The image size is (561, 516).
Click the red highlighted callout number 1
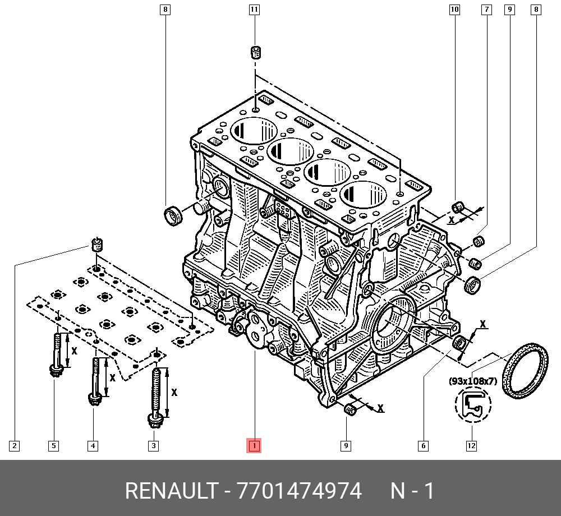pos(254,446)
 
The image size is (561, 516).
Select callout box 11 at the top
pos(254,10)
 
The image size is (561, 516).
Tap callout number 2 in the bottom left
pos(15,446)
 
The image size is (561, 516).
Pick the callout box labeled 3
pos(153,446)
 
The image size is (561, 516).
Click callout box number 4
pos(93,446)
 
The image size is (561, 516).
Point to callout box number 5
pos(53,446)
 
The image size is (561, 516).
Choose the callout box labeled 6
pos(423,446)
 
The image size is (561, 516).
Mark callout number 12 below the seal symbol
pos(471,446)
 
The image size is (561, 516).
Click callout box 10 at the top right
pos(454,10)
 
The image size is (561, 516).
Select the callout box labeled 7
pos(486,10)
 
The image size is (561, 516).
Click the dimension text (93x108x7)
pos(473,381)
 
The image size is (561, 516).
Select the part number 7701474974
pos(300,491)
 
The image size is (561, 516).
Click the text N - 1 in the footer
pos(412,491)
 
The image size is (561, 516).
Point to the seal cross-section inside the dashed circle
pos(472,405)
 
